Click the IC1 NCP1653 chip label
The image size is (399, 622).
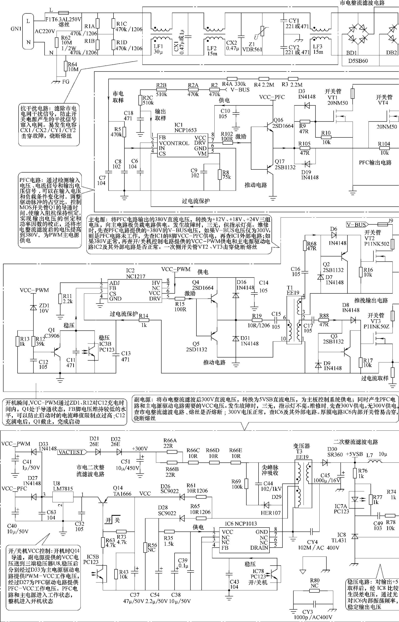(x=185, y=127)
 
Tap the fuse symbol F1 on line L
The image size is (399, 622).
(x=63, y=13)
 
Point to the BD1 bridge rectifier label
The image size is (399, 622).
(x=352, y=53)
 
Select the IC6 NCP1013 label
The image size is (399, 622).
(x=241, y=523)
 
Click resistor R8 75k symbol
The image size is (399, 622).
(x=220, y=175)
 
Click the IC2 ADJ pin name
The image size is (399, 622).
(x=115, y=283)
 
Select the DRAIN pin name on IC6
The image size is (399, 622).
(x=259, y=548)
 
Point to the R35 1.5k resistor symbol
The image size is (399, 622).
(x=169, y=531)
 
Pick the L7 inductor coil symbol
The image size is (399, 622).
(x=374, y=461)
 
